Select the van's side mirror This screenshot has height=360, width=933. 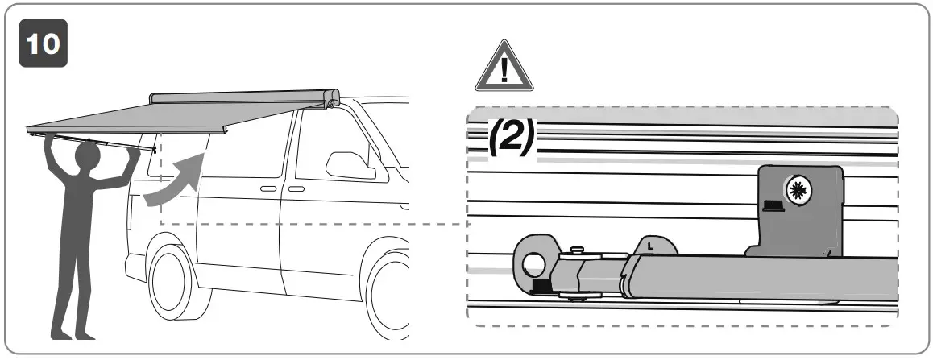[346, 162]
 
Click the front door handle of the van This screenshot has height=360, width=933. [296, 188]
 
